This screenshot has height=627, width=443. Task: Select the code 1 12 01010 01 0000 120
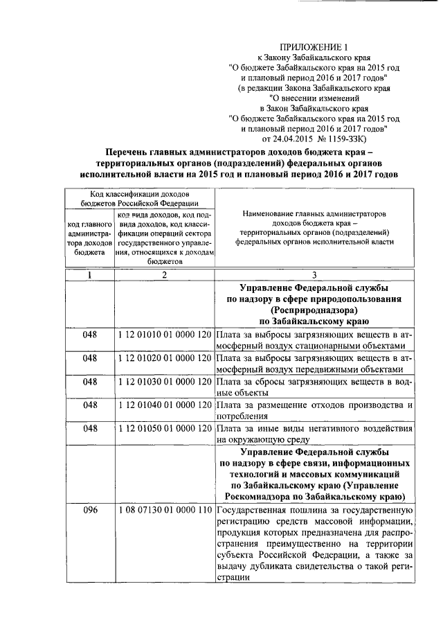click(164, 334)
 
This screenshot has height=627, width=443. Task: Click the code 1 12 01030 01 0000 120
click(164, 381)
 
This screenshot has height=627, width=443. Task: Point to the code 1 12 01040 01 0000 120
click(164, 405)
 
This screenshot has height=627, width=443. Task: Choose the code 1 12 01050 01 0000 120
click(164, 428)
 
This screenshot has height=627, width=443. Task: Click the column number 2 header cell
click(164, 275)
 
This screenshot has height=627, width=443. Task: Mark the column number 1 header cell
click(89, 275)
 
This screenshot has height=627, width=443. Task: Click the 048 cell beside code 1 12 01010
click(89, 334)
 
